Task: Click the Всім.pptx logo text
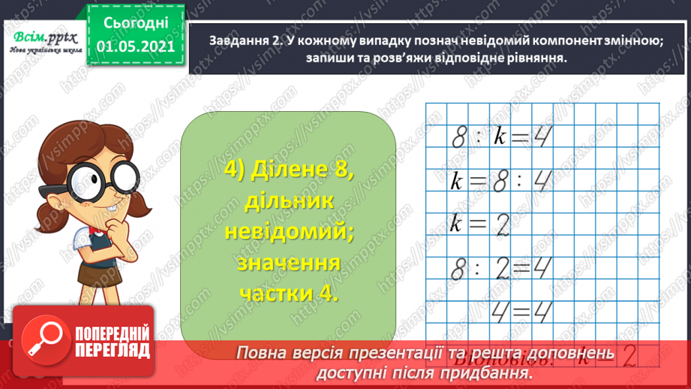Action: tap(40, 37)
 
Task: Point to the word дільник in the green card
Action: tap(289, 201)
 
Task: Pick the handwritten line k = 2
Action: tap(479, 224)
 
